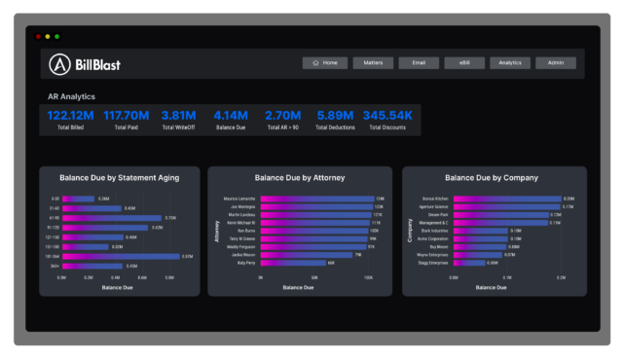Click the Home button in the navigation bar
(324, 62)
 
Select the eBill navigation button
(464, 62)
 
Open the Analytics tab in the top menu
(510, 62)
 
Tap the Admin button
(555, 62)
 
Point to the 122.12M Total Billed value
(69, 116)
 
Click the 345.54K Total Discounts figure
(387, 116)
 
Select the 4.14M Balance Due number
(231, 116)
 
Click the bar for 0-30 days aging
(79, 198)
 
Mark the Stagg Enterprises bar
(468, 263)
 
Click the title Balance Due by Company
(491, 178)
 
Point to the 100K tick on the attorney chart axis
(369, 277)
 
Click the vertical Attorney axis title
(215, 231)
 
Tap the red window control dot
(39, 36)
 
